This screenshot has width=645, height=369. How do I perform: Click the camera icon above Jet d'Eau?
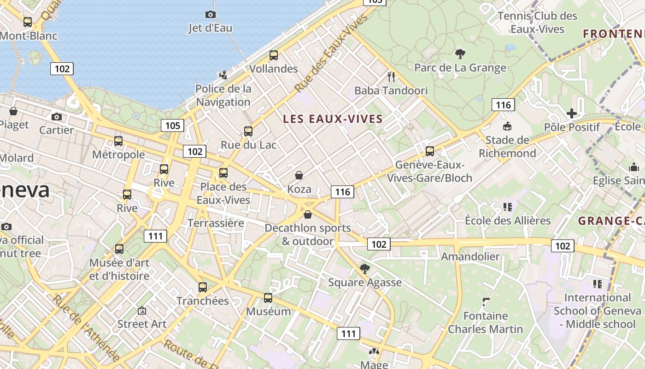click(x=211, y=15)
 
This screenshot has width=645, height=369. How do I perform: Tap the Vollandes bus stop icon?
click(x=274, y=55)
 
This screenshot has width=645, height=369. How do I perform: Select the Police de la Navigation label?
click(x=223, y=95)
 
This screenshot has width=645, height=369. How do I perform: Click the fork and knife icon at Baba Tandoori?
click(x=391, y=77)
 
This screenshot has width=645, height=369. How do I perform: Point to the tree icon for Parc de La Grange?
click(x=460, y=54)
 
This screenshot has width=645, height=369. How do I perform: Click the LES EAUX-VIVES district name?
click(x=333, y=119)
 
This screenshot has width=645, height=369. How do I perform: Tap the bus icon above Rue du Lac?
click(x=248, y=131)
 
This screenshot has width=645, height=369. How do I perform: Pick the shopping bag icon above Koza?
click(x=299, y=175)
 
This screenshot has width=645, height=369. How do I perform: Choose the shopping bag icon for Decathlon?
click(x=308, y=214)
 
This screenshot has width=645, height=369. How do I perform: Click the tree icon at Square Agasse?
click(x=365, y=269)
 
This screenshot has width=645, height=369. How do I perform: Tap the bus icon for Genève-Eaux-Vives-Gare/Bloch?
click(x=430, y=151)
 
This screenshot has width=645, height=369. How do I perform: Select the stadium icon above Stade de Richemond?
click(x=507, y=126)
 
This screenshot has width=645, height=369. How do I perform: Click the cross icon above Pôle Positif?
click(x=572, y=113)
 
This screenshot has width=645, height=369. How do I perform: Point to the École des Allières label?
click(x=508, y=220)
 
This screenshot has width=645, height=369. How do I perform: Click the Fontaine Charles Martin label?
click(x=486, y=322)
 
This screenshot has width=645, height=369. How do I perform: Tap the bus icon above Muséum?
click(x=268, y=298)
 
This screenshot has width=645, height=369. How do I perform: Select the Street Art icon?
click(x=142, y=310)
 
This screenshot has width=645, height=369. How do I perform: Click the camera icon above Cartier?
click(x=57, y=117)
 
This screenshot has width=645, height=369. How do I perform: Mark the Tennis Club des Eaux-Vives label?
click(x=537, y=23)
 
